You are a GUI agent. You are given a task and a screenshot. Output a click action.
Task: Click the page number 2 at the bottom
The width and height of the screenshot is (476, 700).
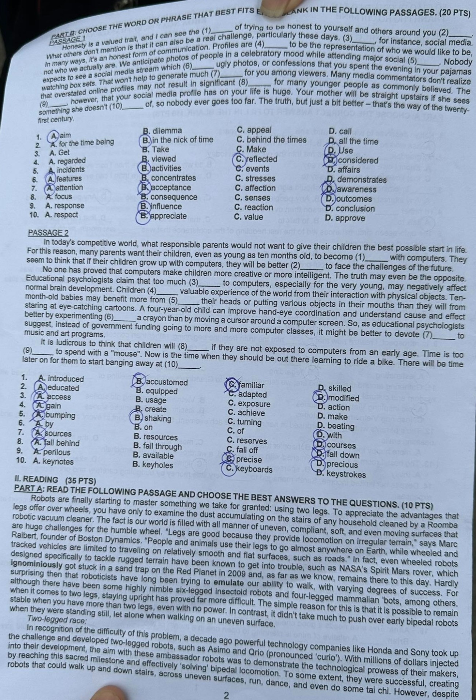pos(226,695)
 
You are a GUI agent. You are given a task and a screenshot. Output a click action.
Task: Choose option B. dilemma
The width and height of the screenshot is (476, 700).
pos(162,131)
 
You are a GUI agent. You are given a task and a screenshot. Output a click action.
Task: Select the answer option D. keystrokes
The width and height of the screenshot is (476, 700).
pos(341,474)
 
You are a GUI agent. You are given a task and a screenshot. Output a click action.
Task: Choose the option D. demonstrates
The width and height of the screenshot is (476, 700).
pos(357,180)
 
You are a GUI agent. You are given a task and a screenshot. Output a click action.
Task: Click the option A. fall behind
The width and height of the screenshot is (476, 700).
pos(57,443)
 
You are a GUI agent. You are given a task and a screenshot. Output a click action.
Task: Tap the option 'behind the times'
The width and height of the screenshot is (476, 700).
pos(271,140)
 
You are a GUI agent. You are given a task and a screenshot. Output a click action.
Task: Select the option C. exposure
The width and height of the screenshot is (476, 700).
pos(249,404)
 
